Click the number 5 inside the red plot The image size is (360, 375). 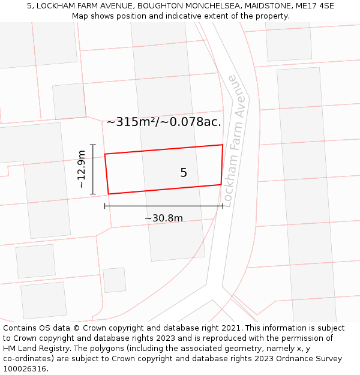[x=184, y=173]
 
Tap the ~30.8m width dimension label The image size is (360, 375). [x=164, y=218]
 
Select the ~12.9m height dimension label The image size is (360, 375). [x=82, y=170]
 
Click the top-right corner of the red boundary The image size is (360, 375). [x=223, y=145]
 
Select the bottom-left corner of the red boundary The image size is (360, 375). [x=109, y=194]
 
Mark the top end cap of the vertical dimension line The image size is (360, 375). [x=92, y=145]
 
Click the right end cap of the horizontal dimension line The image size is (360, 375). [x=223, y=206]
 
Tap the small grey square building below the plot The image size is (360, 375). [x=115, y=280]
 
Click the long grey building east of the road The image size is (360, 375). [x=306, y=192]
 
